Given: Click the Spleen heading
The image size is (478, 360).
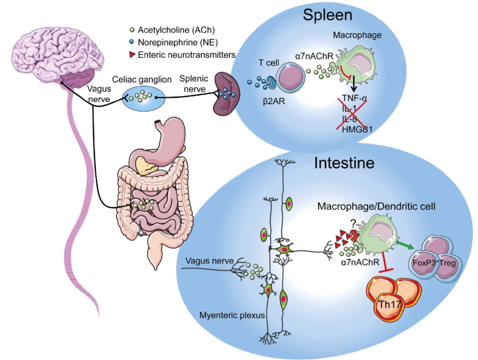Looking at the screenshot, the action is [x=327, y=15].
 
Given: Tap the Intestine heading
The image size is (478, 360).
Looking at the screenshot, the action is [x=344, y=163].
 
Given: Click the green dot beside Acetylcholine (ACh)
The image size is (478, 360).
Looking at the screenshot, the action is [x=132, y=30].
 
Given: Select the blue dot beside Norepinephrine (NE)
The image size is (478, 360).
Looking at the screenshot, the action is [x=132, y=42].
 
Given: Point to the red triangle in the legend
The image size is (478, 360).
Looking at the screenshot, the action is [x=132, y=55].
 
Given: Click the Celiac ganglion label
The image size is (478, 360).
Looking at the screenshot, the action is [x=142, y=79].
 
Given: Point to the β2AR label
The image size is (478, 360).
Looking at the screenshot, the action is [x=274, y=101].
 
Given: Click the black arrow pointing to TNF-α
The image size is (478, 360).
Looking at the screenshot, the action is [x=354, y=84].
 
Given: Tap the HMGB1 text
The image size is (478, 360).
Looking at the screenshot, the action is [x=357, y=129].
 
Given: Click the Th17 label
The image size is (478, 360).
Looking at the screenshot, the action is [x=390, y=304].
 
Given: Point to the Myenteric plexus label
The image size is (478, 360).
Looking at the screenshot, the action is [x=232, y=315].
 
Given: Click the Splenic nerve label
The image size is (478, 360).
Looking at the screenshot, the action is [x=194, y=84].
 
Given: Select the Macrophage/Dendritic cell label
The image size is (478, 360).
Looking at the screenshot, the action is [x=376, y=206].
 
